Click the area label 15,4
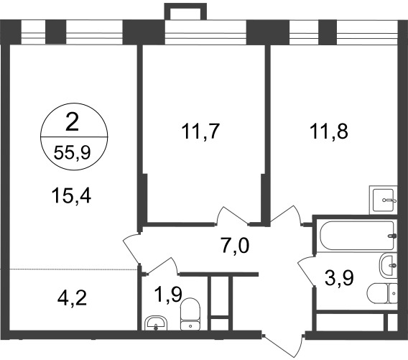click(x=72, y=196)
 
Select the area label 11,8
click(x=329, y=131)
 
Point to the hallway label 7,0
click(x=236, y=246)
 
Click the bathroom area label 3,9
click(x=339, y=278)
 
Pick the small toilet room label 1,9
click(x=168, y=295)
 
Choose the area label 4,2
click(x=72, y=299)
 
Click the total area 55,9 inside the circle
click(x=72, y=152)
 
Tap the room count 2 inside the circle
click(x=73, y=122)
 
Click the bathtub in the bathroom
click(x=358, y=236)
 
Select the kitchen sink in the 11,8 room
click(x=384, y=200)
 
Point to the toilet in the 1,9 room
click(x=190, y=314)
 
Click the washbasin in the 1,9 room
click(x=156, y=323)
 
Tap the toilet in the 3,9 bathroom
click(x=382, y=293)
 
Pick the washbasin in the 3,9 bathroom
click(x=389, y=266)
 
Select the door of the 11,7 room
click(x=232, y=216)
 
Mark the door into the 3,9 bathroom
click(x=307, y=271)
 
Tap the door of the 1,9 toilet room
click(x=162, y=266)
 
